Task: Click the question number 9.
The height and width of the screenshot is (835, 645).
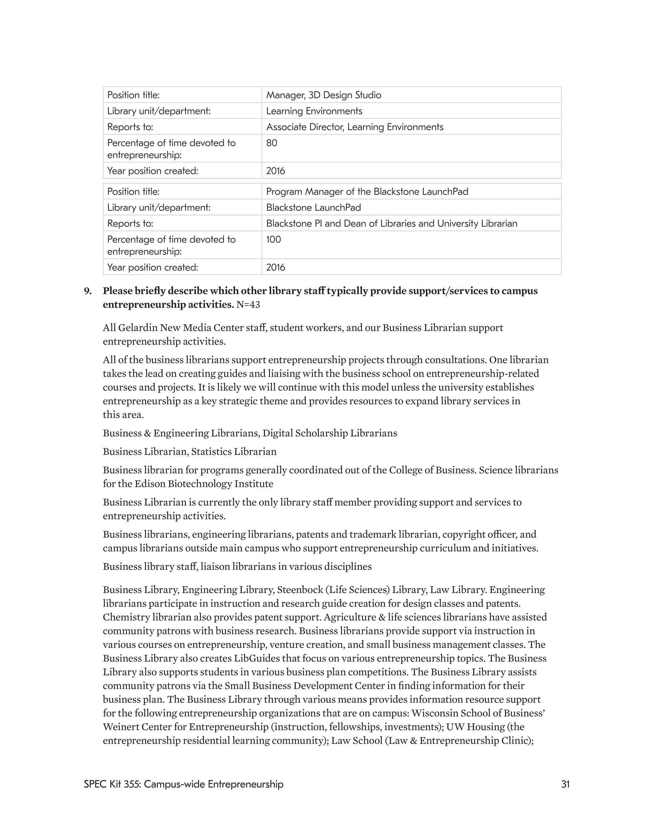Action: point(87,291)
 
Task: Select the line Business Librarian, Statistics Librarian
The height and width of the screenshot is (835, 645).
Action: point(189,452)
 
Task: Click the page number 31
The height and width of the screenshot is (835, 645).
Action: point(565,784)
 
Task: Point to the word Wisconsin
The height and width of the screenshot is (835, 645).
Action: point(434,713)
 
